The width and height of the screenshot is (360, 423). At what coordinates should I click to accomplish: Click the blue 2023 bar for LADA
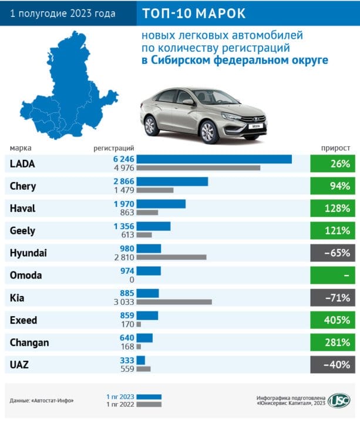tap(214, 159)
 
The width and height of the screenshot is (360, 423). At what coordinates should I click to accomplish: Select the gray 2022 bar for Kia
tap(174, 302)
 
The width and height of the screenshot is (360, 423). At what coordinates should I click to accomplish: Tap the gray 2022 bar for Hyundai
tap(171, 257)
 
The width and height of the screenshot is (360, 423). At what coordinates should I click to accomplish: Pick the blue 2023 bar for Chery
tap(173, 182)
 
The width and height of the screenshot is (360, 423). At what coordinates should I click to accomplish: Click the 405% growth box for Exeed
tap(332, 320)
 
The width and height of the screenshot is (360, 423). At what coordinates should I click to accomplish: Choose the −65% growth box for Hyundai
tap(332, 253)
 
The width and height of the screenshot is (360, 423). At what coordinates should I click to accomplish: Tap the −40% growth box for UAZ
tap(332, 365)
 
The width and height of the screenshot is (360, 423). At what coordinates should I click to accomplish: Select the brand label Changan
tap(29, 343)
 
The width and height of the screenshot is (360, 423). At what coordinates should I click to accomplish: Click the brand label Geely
tap(23, 231)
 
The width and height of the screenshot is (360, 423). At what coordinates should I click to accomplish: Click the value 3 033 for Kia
tap(123, 302)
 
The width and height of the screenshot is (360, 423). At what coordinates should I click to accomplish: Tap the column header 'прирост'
tap(336, 147)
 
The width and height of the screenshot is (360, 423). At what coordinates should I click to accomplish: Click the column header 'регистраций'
tap(114, 147)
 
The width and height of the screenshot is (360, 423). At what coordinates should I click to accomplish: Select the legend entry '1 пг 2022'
tap(120, 404)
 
